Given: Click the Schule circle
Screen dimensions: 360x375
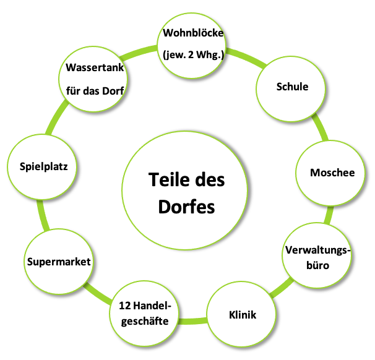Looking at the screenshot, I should click(292, 87).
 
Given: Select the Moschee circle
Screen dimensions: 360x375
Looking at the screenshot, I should click(332, 173).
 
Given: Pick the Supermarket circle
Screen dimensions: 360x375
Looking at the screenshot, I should click(59, 262).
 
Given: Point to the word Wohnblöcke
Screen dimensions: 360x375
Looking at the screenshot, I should click(192, 32).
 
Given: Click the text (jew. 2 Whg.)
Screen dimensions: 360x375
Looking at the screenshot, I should click(192, 54).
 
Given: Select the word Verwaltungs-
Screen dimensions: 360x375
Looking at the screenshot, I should click(318, 251).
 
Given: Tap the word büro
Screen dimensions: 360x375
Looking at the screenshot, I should click(318, 266).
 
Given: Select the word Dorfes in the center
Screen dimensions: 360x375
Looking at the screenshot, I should click(186, 206).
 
